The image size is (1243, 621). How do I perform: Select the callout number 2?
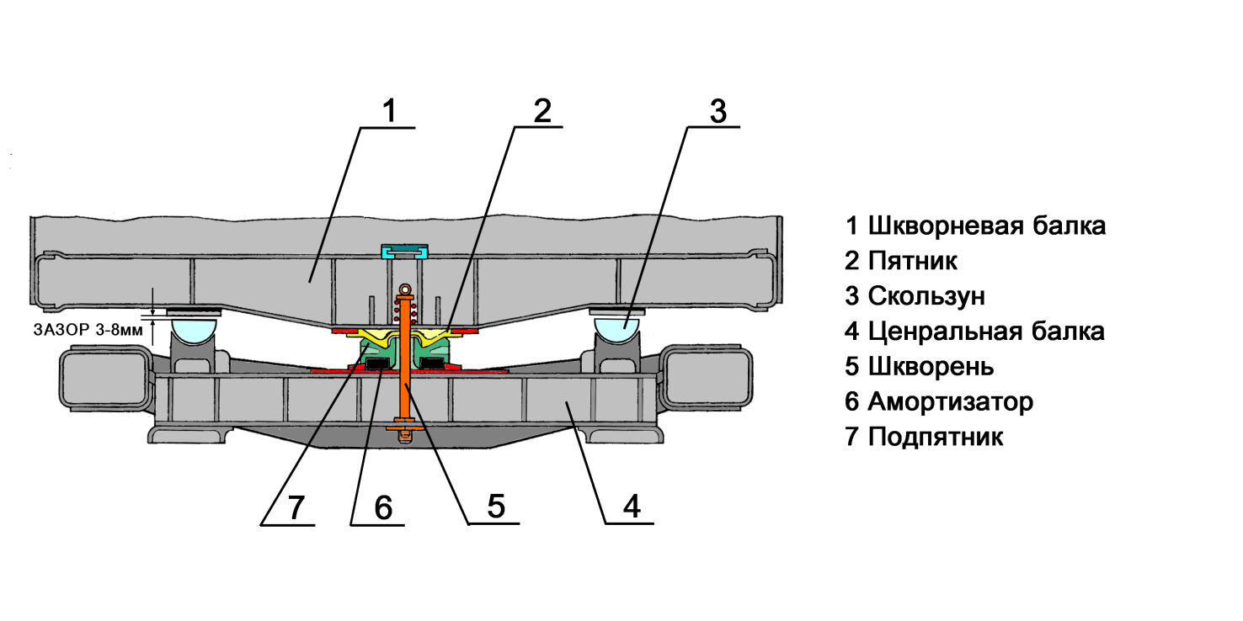coord(541,111)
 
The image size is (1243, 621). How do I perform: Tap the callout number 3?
coord(717,111)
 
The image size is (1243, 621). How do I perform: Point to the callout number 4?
coord(631,507)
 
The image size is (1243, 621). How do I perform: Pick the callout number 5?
coord(495,507)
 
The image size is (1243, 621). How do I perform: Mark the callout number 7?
coord(294,507)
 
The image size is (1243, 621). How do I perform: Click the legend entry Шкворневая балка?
coord(976,226)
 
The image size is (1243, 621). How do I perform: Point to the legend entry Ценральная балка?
coord(975,332)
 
